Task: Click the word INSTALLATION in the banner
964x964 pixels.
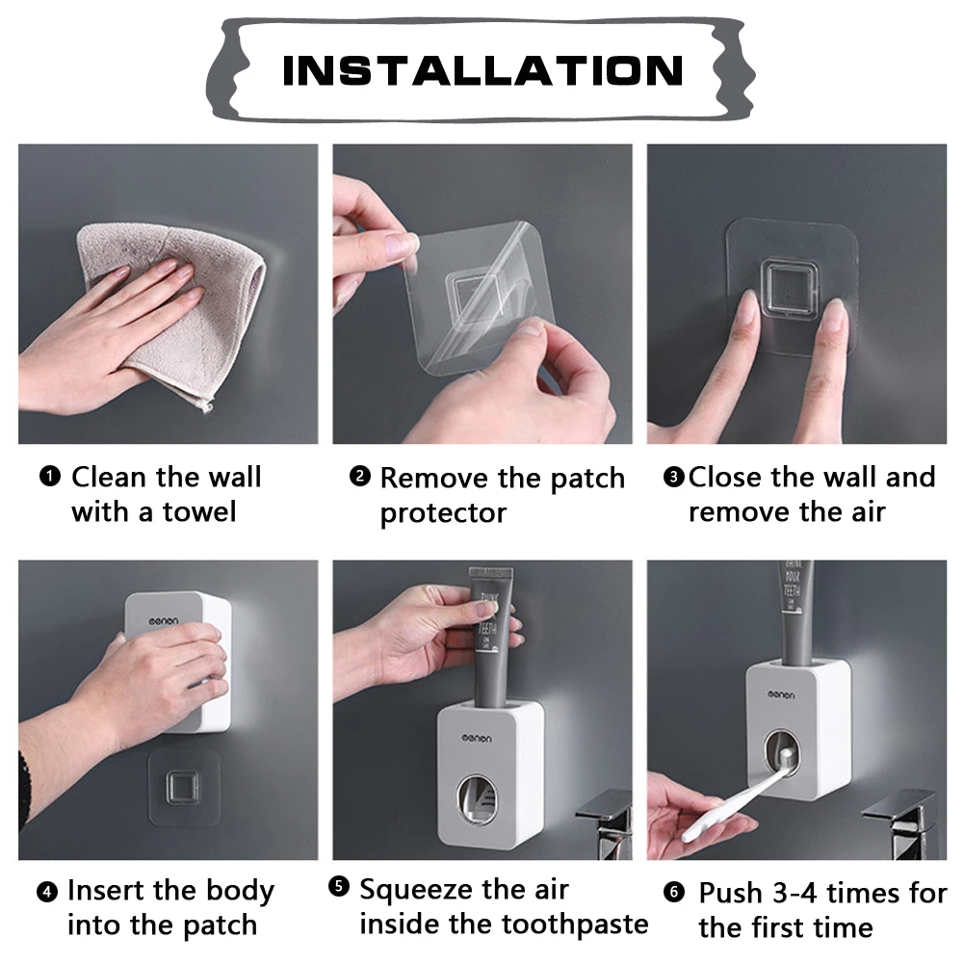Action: point(482,70)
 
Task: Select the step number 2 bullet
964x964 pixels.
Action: point(359,476)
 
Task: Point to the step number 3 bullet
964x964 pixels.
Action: point(673,477)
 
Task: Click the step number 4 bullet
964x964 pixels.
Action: point(48,892)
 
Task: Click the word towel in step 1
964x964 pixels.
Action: point(191,511)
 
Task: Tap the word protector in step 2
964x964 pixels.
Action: point(442,512)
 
